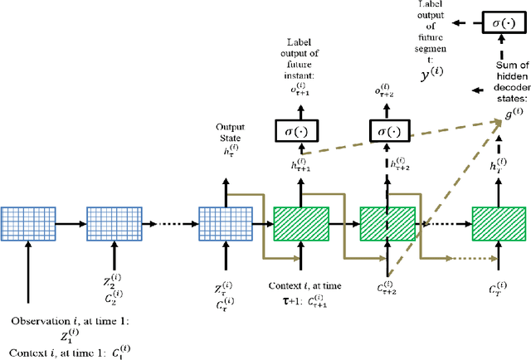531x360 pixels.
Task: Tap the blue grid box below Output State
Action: click(224, 224)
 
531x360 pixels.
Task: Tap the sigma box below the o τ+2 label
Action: click(391, 130)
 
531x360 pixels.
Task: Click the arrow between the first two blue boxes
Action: click(71, 224)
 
